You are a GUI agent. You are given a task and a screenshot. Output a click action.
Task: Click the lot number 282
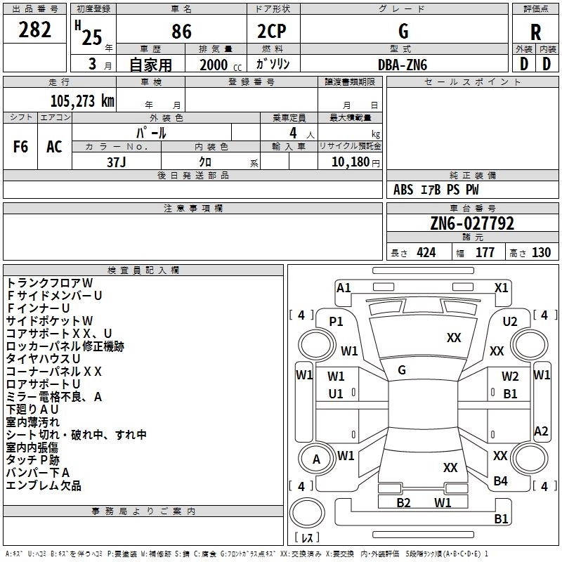click(x=35, y=30)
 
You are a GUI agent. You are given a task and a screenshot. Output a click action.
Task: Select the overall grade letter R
click(x=535, y=32)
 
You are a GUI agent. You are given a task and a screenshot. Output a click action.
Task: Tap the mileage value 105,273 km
click(x=81, y=100)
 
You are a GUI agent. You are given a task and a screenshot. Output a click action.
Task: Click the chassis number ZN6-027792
click(x=472, y=223)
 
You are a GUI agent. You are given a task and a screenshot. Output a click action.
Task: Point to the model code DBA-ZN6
click(x=402, y=64)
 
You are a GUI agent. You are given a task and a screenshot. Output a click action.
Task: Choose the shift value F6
click(x=20, y=147)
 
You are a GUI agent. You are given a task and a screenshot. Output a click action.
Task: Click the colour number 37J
click(x=117, y=161)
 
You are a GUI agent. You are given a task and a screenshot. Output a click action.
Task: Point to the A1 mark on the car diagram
click(x=344, y=287)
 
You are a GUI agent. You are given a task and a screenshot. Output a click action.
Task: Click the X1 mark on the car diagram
click(x=502, y=287)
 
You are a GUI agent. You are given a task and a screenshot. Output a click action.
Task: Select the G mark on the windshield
click(x=402, y=370)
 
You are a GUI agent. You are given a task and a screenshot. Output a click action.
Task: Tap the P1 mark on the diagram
click(x=336, y=321)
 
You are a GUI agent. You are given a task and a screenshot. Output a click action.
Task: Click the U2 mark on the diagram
click(x=510, y=321)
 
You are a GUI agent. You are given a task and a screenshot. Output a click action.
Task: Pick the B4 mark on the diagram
click(x=500, y=481)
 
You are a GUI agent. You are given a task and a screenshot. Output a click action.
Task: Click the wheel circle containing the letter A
click(x=316, y=459)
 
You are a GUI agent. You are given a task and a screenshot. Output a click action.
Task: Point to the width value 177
click(x=485, y=253)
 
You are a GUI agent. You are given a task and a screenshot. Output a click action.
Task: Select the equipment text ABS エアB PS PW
click(x=436, y=190)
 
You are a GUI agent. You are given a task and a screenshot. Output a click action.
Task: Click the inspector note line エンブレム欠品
click(x=44, y=485)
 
